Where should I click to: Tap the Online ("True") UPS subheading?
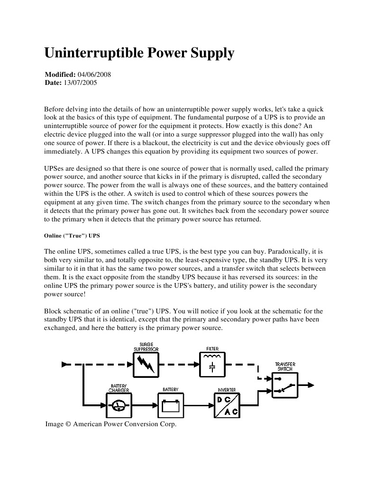tap(72, 236)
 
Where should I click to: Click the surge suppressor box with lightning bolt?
tap(146, 365)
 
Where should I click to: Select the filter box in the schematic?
tap(212, 364)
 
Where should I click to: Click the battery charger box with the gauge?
tap(119, 405)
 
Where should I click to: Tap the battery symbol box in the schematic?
tap(170, 405)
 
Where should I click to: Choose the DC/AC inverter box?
tap(227, 405)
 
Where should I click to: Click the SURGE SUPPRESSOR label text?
tap(146, 347)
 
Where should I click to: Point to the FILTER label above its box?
tap(212, 349)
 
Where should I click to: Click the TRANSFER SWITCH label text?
tap(285, 366)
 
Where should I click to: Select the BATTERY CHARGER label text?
tap(119, 388)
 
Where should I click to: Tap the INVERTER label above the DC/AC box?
tap(227, 390)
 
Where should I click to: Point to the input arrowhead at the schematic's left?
tap(65, 364)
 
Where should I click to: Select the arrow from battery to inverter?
tap(198, 405)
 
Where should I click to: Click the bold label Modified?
tap(60, 75)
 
